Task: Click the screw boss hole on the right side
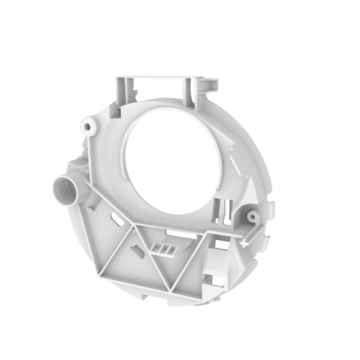pos(252,215)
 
